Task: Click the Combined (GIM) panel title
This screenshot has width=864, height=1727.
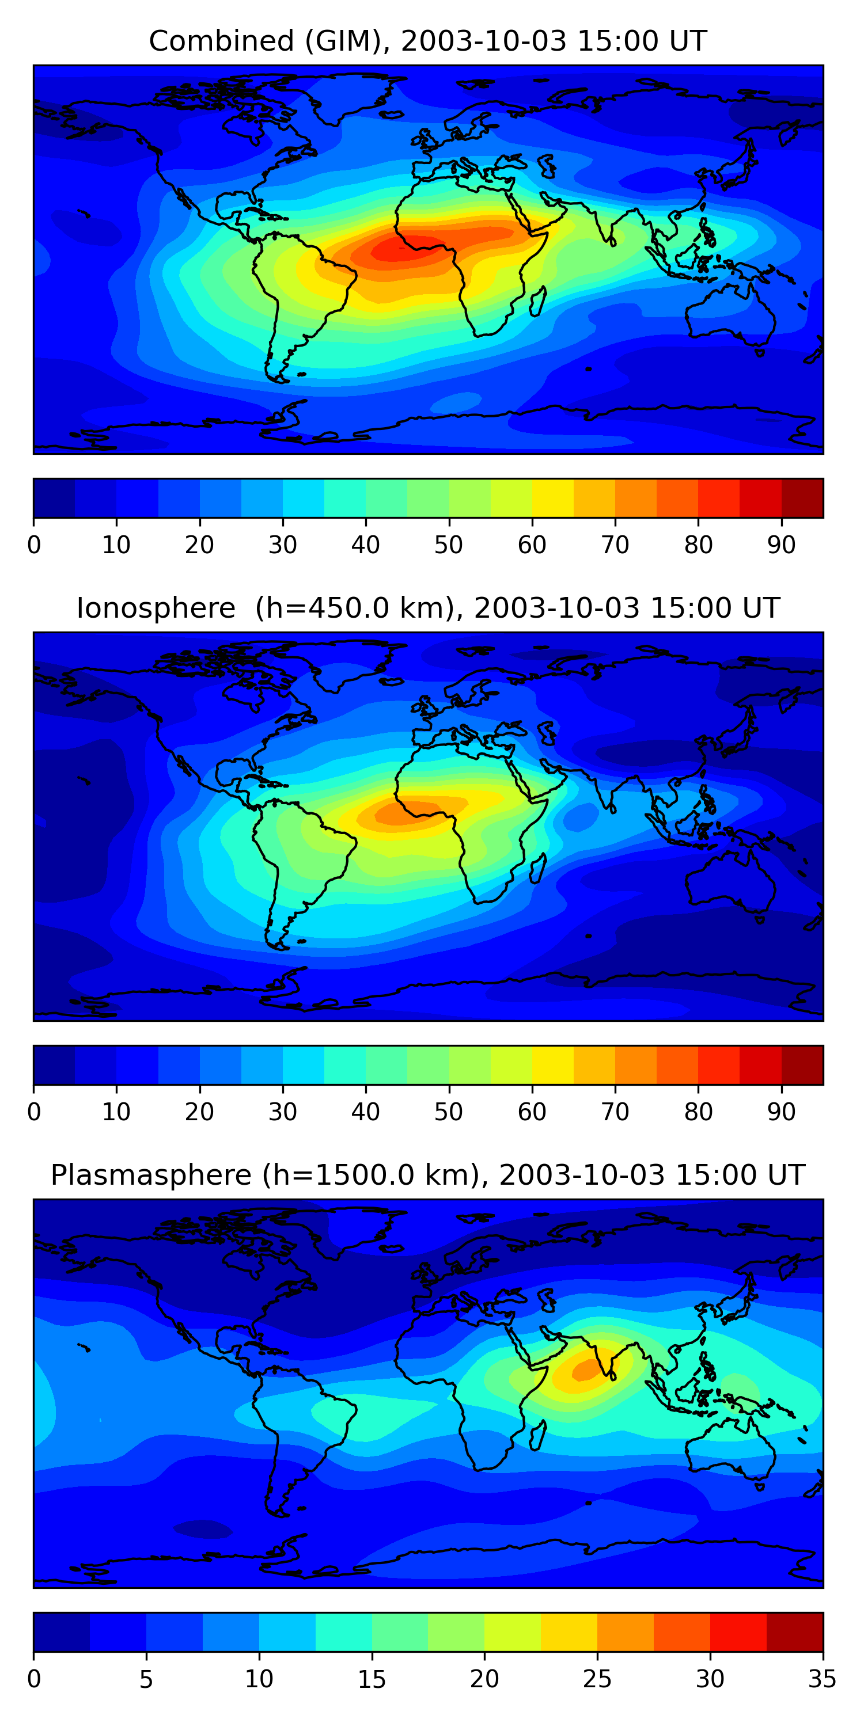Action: [427, 41]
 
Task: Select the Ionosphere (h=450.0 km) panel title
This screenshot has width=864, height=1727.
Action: [427, 608]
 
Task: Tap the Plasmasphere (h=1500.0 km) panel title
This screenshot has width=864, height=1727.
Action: [427, 1176]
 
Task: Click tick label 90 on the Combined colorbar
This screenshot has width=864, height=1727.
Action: [782, 545]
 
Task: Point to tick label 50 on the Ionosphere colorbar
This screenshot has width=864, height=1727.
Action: [449, 1112]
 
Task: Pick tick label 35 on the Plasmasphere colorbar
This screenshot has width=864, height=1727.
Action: [823, 1679]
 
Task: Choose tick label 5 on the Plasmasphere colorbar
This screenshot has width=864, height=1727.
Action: [146, 1679]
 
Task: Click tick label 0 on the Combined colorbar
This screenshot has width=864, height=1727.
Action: [34, 545]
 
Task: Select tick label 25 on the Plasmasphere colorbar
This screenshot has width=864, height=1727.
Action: [597, 1679]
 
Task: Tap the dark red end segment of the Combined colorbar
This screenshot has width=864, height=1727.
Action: [802, 498]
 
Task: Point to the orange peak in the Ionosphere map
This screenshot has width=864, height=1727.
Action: [403, 814]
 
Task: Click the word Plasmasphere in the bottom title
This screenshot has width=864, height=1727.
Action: [151, 1176]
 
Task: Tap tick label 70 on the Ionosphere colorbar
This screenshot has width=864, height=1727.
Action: [615, 1112]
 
